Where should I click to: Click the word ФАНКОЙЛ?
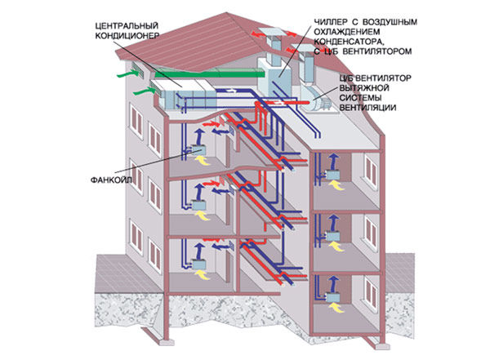[111, 180]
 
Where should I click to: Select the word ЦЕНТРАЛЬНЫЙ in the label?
[127, 25]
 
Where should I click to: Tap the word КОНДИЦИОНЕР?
[127, 36]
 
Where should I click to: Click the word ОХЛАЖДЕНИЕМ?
[347, 32]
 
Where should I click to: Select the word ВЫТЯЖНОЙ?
[364, 88]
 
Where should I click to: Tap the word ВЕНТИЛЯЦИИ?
[367, 108]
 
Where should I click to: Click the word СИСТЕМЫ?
[359, 98]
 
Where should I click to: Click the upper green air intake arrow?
[128, 73]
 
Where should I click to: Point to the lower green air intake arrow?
[144, 91]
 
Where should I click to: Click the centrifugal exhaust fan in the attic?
[317, 98]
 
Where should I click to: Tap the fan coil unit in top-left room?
[198, 150]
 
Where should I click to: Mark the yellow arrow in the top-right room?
[336, 185]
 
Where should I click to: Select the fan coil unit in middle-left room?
[198, 205]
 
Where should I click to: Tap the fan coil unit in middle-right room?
[332, 236]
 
